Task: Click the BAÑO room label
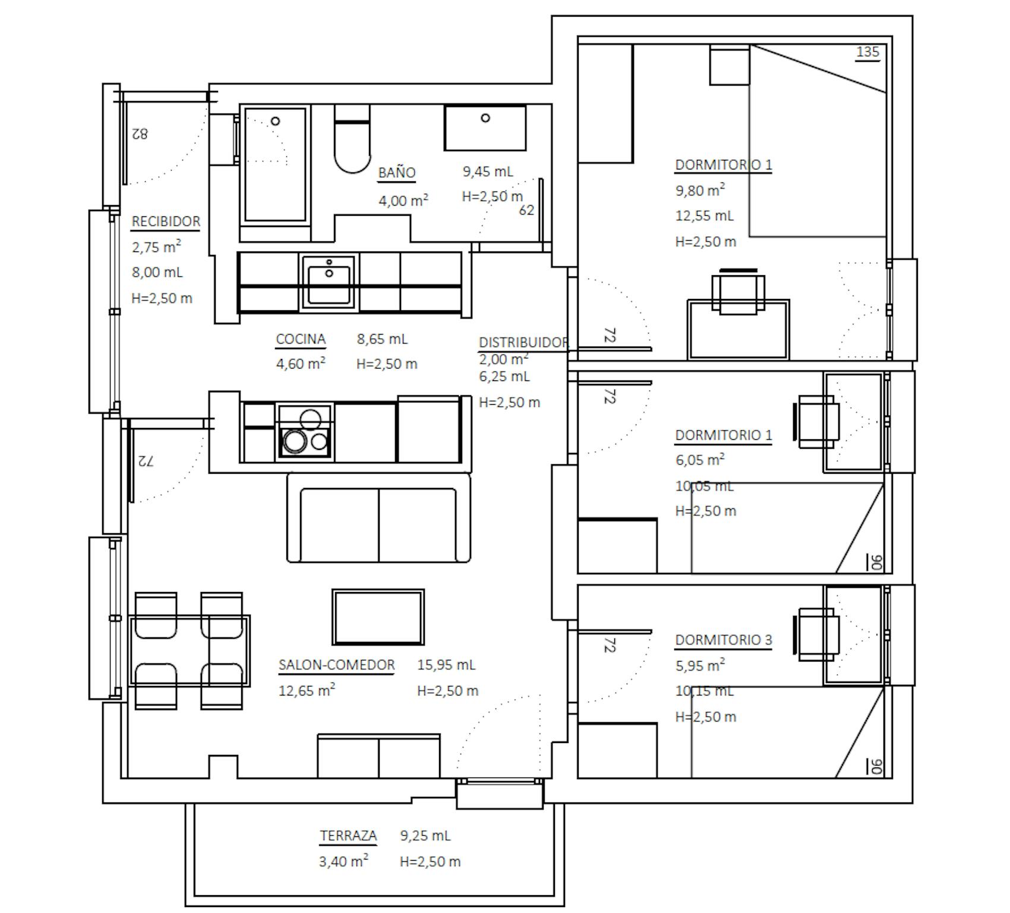tap(397, 173)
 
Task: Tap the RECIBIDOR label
tap(166, 222)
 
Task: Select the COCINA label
tap(301, 339)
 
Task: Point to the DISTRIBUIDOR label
tap(524, 343)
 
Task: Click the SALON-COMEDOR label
tap(337, 665)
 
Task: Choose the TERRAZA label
tap(348, 836)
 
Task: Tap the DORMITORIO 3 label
tap(724, 640)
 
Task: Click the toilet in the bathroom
tap(352, 139)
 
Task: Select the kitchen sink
tap(329, 282)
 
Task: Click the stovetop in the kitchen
tap(305, 431)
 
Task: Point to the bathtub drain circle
tap(275, 121)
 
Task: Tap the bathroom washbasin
tap(485, 128)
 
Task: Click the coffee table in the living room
tap(378, 617)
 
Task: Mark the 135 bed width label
tap(867, 52)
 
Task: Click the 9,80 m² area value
tap(700, 190)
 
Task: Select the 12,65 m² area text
tap(307, 691)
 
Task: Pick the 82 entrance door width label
tap(140, 133)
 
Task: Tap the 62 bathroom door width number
tap(526, 210)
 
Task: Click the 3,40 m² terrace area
tap(343, 861)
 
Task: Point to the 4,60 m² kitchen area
tap(301, 363)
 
